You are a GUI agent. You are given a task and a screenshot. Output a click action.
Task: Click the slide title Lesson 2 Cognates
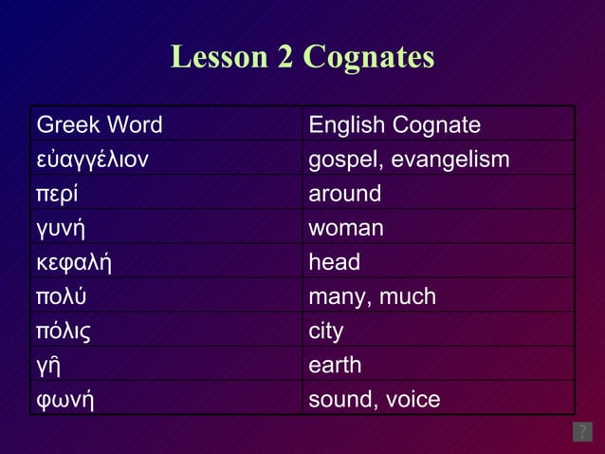coord(302,57)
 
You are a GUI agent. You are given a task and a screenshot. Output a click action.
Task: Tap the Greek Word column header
coord(100,125)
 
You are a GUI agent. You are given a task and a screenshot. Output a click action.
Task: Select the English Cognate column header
coord(394,125)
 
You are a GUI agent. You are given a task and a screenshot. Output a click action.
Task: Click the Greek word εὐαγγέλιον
coord(92,160)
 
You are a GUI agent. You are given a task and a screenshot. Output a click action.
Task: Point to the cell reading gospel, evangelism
coord(410,160)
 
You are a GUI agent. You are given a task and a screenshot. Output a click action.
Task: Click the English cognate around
coord(345,194)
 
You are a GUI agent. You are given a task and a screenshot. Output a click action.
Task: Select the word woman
coord(346,228)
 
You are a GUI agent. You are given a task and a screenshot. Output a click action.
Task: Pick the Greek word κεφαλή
coord(74,262)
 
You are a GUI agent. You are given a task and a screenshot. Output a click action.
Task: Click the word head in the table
coord(335,262)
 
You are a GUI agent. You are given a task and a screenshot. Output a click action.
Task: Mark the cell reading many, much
coord(373,296)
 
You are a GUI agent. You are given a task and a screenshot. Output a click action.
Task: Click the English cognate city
coord(326,331)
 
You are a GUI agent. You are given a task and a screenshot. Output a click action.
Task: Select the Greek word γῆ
coord(47,366)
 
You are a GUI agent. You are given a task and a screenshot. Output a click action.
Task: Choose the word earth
coord(335,365)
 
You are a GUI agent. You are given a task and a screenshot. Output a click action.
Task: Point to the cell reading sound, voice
coord(375,399)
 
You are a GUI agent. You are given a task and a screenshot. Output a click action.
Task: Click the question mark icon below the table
coord(582,432)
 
